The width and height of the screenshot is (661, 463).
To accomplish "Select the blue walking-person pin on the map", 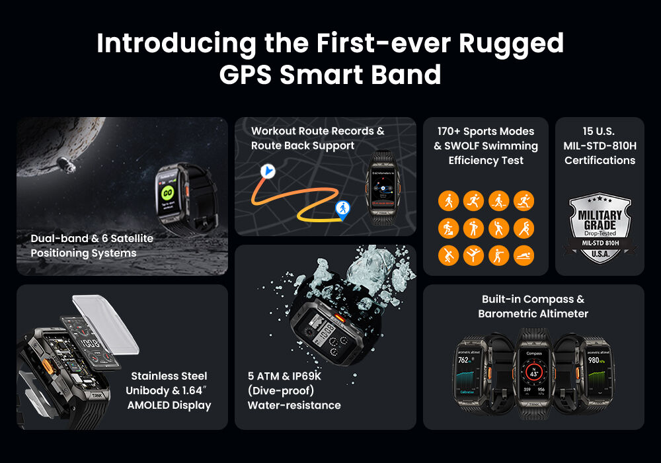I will point(342,210).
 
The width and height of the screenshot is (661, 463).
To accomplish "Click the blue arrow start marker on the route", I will point(267,171).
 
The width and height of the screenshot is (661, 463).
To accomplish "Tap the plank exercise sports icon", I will point(524,255).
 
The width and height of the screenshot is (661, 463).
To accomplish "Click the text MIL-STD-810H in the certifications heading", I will point(600,146).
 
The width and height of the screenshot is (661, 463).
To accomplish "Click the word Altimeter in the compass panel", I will point(561,314).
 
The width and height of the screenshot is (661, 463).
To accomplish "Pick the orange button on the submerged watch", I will point(341,319).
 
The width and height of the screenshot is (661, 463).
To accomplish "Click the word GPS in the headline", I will point(245,73).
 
